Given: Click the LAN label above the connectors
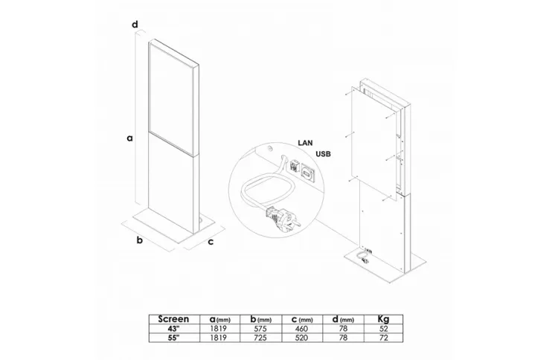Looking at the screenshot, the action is pyautogui.click(x=305, y=143).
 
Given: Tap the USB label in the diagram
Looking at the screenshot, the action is pyautogui.click(x=323, y=154).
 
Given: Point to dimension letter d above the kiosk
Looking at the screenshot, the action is pyautogui.click(x=135, y=25).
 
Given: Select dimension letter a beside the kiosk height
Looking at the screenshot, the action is pyautogui.click(x=130, y=138).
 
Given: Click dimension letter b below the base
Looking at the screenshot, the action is pyautogui.click(x=140, y=240).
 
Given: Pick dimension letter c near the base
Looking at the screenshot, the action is pyautogui.click(x=211, y=242).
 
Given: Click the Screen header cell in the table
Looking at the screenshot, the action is pyautogui.click(x=173, y=319).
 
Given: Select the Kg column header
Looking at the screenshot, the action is pyautogui.click(x=383, y=320).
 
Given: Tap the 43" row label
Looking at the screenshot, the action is pyautogui.click(x=173, y=329).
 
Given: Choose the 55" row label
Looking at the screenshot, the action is pyautogui.click(x=173, y=338).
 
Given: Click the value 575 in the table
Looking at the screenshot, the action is pyautogui.click(x=260, y=329).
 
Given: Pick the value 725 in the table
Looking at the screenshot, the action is pyautogui.click(x=260, y=338).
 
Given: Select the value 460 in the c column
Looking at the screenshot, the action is pyautogui.click(x=302, y=329).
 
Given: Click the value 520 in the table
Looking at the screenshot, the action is pyautogui.click(x=302, y=338).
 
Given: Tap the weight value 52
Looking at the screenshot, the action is pyautogui.click(x=384, y=329).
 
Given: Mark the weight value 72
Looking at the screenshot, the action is pyautogui.click(x=384, y=338).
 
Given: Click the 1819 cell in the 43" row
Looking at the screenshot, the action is pyautogui.click(x=219, y=329).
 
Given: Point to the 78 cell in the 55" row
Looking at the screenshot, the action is pyautogui.click(x=343, y=338).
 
